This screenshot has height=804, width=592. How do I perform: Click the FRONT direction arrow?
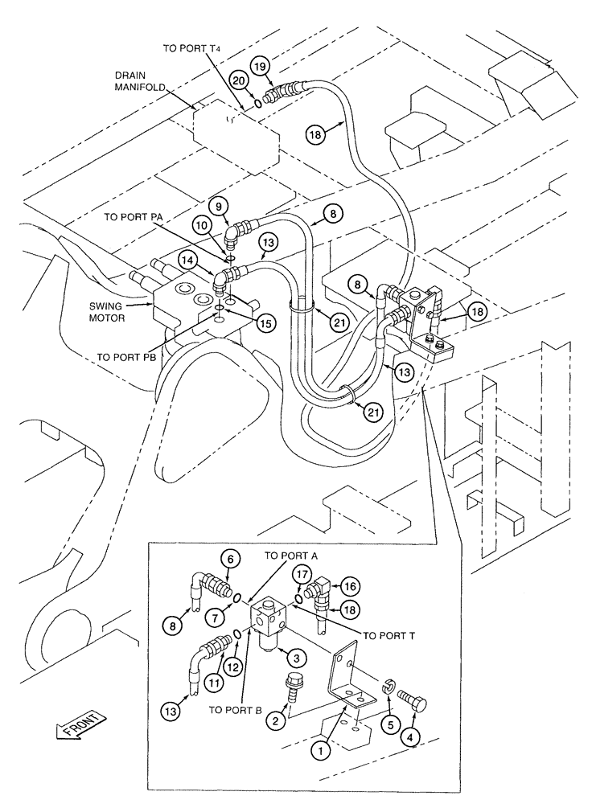coord(78,725)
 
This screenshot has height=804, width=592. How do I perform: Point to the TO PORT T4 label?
coord(191,48)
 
